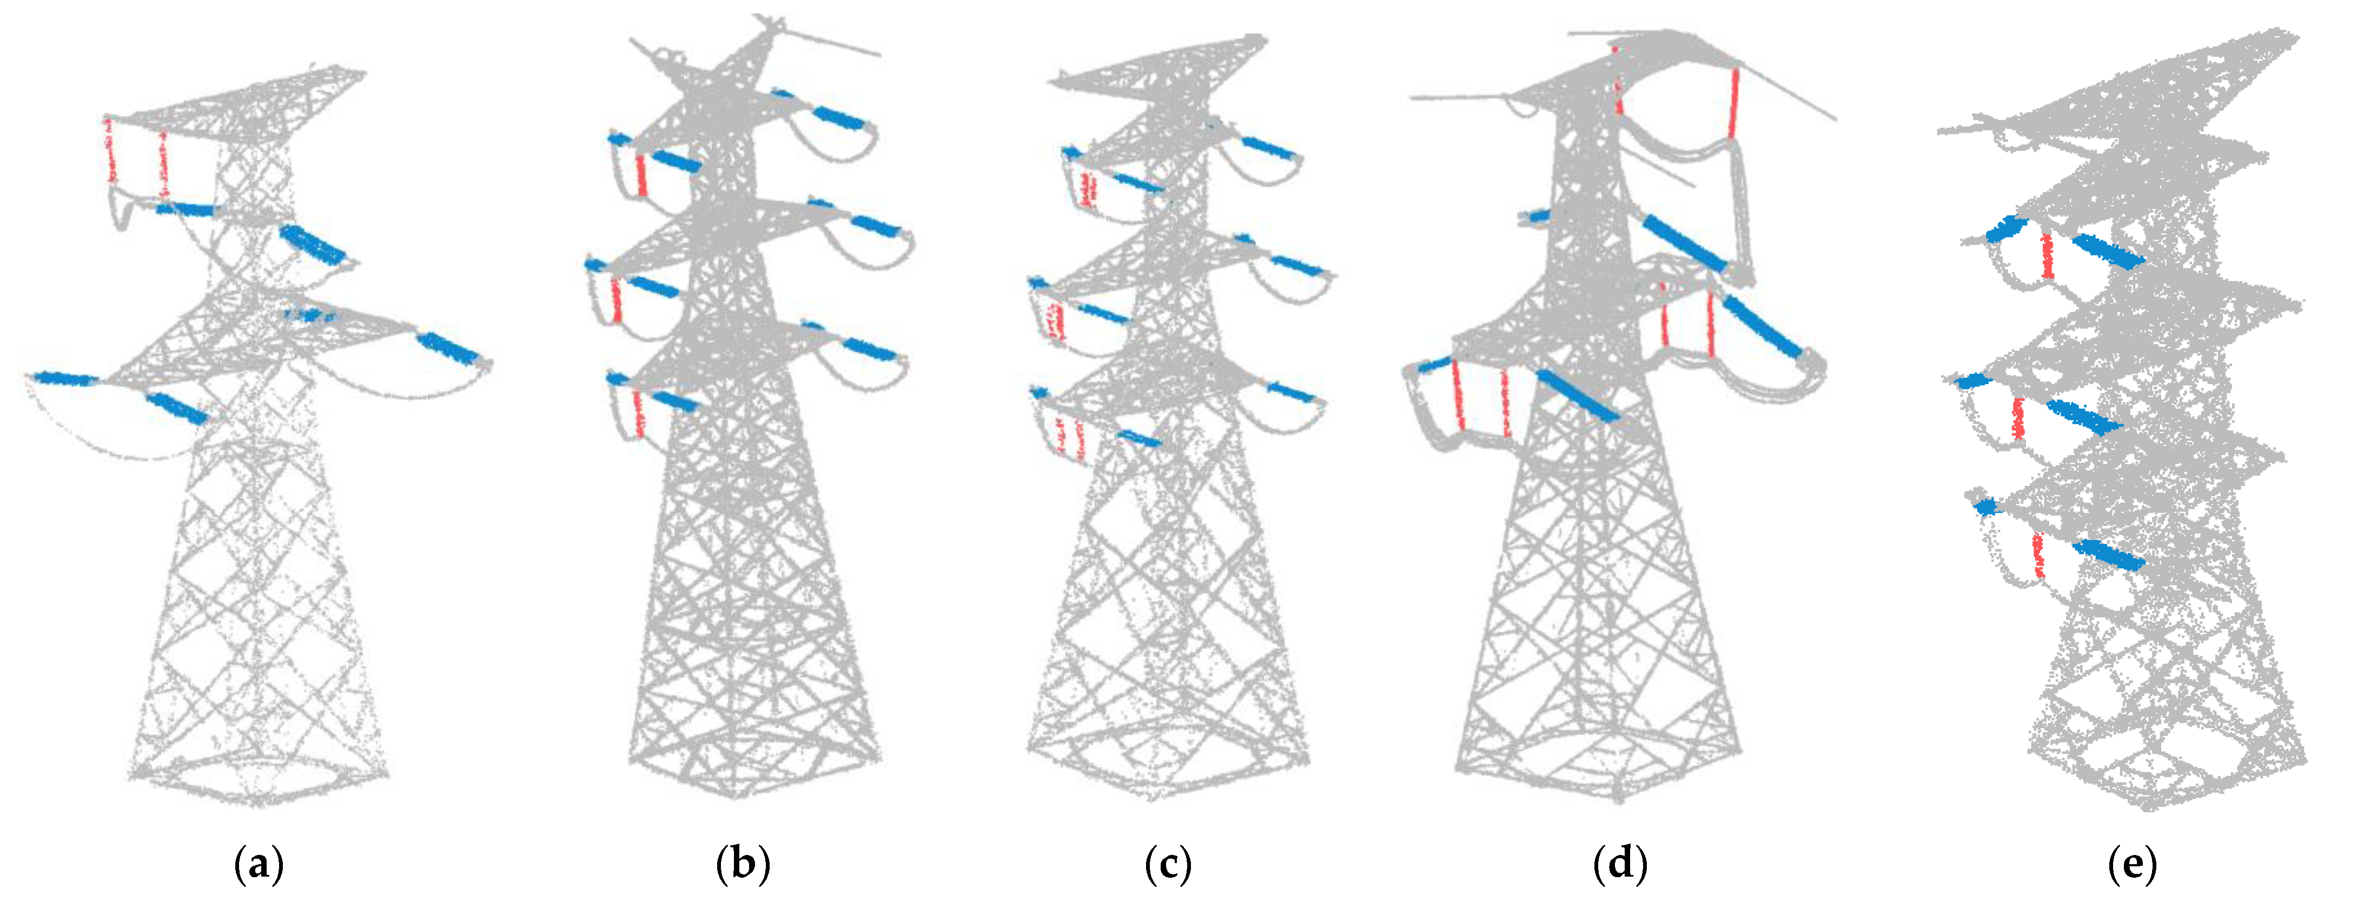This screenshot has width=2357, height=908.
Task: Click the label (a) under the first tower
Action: point(259,863)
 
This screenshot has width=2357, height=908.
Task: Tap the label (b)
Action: point(743,863)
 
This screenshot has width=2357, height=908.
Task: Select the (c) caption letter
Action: point(1168,863)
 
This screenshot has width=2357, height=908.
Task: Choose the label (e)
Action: point(2132,863)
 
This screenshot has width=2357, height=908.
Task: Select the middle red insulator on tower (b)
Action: point(617,299)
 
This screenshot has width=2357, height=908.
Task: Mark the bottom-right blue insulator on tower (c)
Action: point(1290,393)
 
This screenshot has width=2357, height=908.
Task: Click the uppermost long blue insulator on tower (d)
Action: point(1684,242)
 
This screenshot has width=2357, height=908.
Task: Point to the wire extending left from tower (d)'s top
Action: point(1464,96)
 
